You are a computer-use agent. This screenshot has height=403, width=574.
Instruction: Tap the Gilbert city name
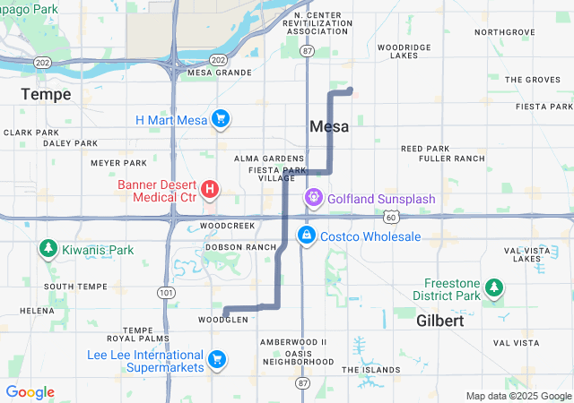click(440, 320)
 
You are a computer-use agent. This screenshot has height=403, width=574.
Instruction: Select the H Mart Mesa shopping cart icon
click(222, 119)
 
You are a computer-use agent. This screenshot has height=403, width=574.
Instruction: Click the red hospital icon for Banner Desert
click(209, 189)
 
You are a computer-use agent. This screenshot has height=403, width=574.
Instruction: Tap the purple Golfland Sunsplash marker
click(314, 197)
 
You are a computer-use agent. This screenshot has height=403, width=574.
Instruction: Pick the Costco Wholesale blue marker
click(307, 235)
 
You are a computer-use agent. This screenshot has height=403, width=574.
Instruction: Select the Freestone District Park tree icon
click(492, 287)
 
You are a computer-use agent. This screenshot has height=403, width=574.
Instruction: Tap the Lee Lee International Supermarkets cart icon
click(216, 359)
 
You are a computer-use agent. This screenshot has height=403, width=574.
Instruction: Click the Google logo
click(30, 392)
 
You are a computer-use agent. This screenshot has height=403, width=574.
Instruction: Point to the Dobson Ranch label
click(240, 246)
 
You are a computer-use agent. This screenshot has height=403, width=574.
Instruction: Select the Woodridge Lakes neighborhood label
click(404, 50)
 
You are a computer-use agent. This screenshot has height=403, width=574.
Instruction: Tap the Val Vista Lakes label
click(529, 254)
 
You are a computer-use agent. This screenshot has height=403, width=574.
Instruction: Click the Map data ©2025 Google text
click(518, 396)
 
